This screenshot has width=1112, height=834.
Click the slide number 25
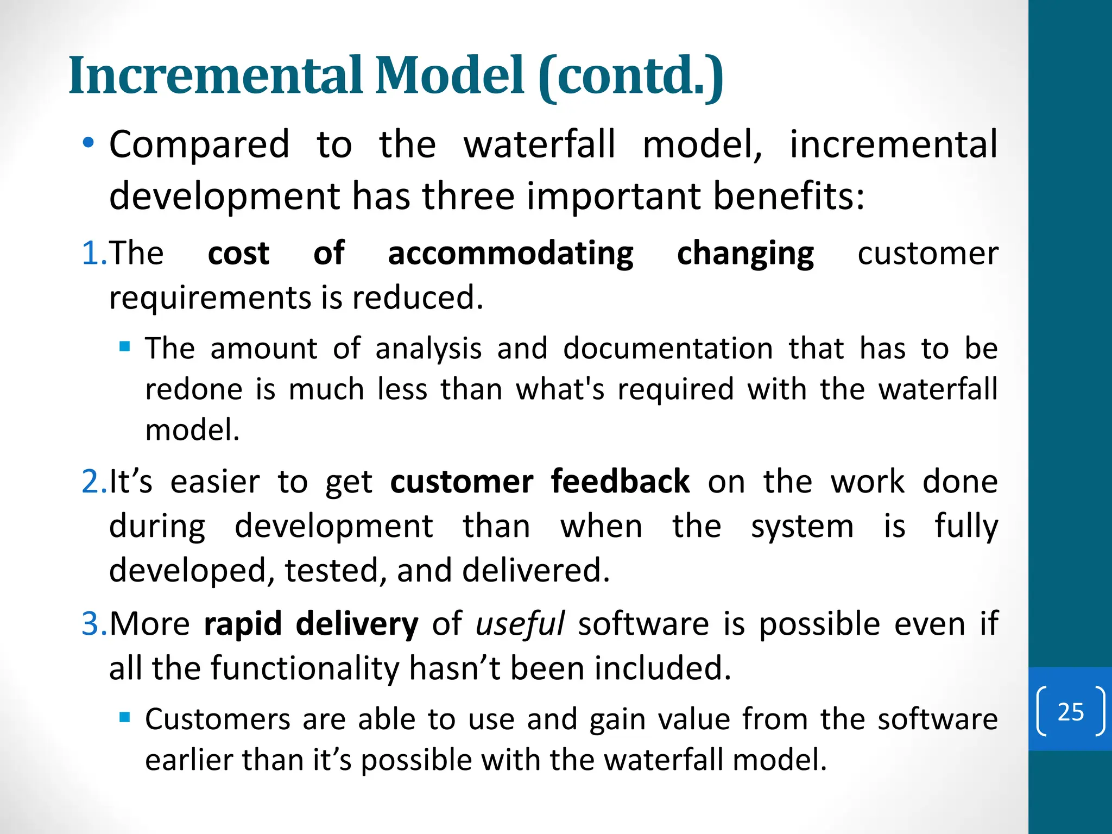pyautogui.click(x=1070, y=712)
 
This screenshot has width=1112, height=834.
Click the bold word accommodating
pyautogui.click(x=510, y=254)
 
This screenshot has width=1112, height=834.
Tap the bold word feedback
pyautogui.click(x=620, y=482)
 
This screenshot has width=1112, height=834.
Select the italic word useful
pyautogui.click(x=520, y=624)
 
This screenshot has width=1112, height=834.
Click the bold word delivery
pyautogui.click(x=357, y=624)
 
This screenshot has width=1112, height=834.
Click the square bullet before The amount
pyautogui.click(x=125, y=346)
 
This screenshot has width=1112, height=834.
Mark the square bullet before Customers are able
pyautogui.click(x=125, y=717)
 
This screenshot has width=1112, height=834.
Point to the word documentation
pyautogui.click(x=667, y=349)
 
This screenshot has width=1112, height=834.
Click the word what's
pyautogui.click(x=560, y=389)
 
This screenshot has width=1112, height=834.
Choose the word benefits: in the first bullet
pyautogui.click(x=788, y=196)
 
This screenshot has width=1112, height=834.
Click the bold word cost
pyautogui.click(x=238, y=254)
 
